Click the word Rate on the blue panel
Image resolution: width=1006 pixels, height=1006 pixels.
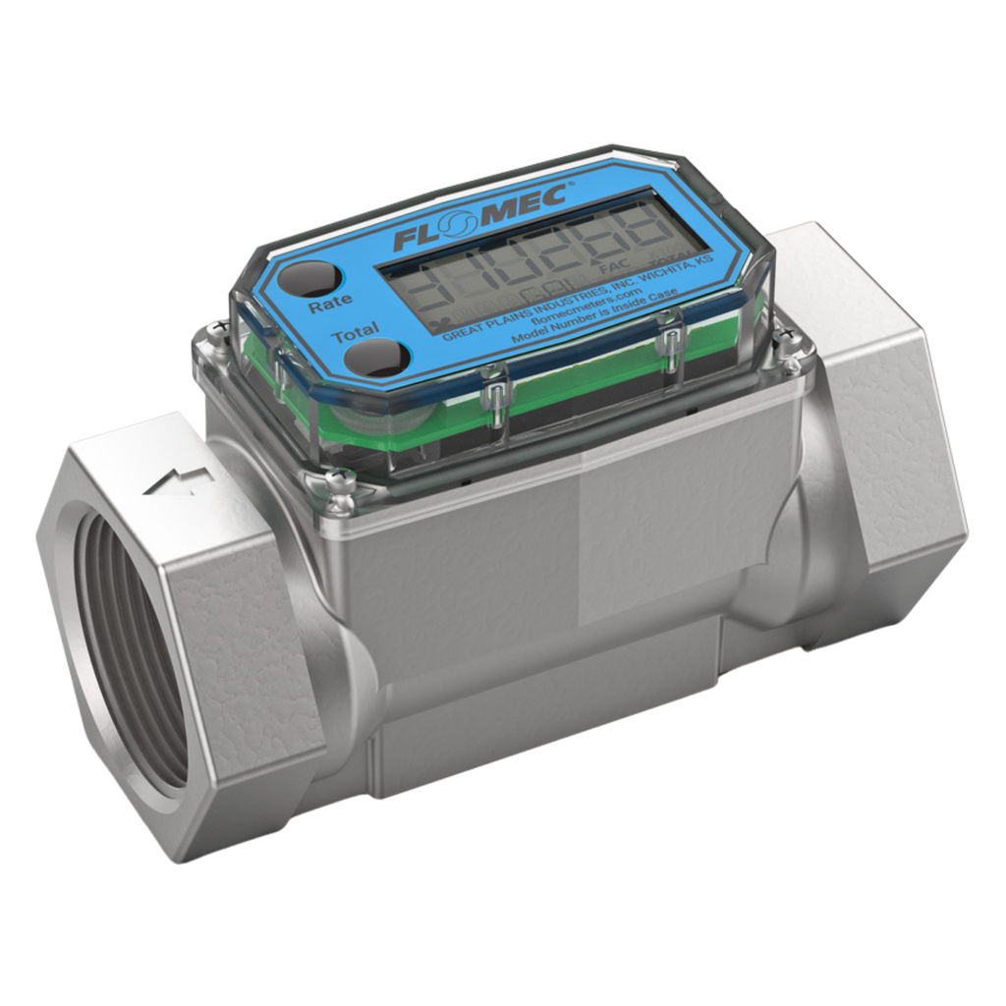click(329, 306)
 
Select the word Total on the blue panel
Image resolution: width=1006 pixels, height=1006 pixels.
click(355, 336)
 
